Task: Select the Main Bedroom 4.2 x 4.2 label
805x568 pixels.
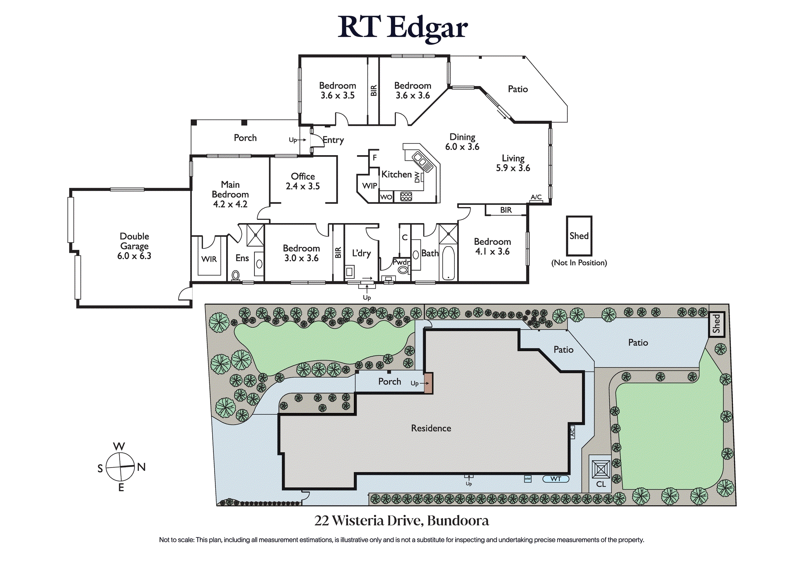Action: [230, 194]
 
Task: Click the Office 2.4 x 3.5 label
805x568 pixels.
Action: [303, 181]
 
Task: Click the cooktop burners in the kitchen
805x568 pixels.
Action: [406, 197]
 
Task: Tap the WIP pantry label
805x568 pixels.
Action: [369, 186]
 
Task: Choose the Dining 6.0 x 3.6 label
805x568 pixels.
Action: [462, 142]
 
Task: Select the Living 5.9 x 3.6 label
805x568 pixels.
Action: [513, 163]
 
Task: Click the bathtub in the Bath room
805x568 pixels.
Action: [448, 263]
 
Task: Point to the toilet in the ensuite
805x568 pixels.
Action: [235, 275]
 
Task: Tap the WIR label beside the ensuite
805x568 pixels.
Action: [209, 259]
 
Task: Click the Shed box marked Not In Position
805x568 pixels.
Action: [579, 236]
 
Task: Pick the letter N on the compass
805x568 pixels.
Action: [141, 467]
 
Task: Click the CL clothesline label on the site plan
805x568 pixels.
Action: [601, 484]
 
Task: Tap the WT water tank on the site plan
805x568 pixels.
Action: [556, 479]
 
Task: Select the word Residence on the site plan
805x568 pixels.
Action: [431, 429]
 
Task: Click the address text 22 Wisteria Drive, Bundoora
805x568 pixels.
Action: [402, 521]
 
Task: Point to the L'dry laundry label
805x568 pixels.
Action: [361, 253]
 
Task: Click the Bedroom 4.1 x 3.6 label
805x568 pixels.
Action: [492, 246]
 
